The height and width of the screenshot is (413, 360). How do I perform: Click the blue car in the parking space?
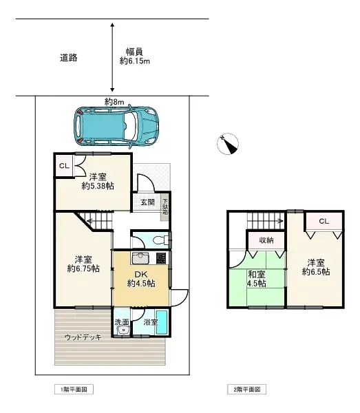pos(116,127)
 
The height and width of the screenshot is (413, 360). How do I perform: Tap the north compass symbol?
pos(228,144)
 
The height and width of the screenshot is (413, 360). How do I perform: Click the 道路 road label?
pos(68,57)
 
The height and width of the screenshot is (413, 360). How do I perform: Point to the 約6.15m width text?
pos(135,61)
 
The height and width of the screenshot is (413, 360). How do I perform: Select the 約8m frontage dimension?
pos(114,102)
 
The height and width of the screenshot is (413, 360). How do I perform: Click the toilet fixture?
pos(161,240)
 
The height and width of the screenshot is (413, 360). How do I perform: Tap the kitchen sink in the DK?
pos(140,258)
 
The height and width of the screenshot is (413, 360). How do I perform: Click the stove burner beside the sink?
pos(161,258)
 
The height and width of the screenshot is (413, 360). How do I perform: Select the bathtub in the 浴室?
pos(162,323)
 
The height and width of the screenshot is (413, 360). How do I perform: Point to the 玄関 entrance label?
pos(147,202)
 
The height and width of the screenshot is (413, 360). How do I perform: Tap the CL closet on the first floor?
pos(64,166)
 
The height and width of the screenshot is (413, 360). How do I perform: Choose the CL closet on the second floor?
pos(324,221)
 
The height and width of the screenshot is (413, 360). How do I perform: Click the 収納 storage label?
pos(266,240)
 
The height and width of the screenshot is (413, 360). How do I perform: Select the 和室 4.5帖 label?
pos(257,279)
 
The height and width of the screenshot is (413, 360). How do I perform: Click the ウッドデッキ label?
pos(83,337)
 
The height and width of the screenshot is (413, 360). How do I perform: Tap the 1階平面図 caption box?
pos(74,390)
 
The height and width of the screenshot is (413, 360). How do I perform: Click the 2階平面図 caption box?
pos(246,390)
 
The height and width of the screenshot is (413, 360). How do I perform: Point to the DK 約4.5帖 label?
pos(141,279)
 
